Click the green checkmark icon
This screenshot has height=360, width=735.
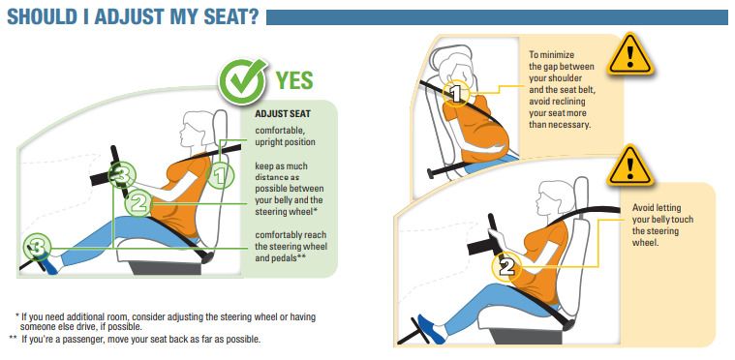click(x=242, y=81)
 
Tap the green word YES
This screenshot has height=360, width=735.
click(x=294, y=80)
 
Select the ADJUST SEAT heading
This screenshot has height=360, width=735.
click(x=283, y=114)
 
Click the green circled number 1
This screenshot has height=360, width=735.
click(x=221, y=175)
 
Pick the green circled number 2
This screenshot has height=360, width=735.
click(x=138, y=202)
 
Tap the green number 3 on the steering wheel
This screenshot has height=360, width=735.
click(x=121, y=176)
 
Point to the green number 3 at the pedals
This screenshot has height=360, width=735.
click(x=37, y=246)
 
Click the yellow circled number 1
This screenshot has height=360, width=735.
click(x=456, y=93)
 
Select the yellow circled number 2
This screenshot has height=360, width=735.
click(x=505, y=267)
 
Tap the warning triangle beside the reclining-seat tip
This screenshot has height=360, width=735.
click(x=630, y=55)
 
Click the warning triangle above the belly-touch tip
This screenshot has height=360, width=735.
click(x=630, y=165)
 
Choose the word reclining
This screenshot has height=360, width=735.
click(x=568, y=102)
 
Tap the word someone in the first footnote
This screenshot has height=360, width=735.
click(x=37, y=327)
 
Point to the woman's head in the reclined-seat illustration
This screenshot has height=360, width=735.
click(x=456, y=66)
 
